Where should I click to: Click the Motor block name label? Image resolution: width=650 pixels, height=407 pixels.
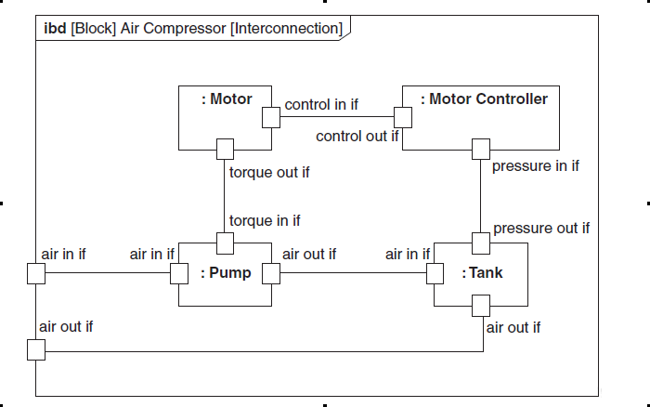click(x=227, y=99)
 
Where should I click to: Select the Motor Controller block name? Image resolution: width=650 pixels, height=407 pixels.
click(x=484, y=99)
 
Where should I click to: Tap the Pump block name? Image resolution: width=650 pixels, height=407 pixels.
click(x=226, y=273)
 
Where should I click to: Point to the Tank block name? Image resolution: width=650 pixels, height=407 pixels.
click(x=482, y=273)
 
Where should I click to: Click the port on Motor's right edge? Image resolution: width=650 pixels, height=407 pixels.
click(x=271, y=117)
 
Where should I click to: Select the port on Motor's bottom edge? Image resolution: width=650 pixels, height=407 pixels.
click(x=225, y=149)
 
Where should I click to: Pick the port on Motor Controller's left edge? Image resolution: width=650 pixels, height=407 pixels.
click(x=403, y=117)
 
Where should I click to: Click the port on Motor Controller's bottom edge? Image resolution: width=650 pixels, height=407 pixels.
click(x=481, y=149)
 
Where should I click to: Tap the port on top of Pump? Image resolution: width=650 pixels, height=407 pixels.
click(x=225, y=243)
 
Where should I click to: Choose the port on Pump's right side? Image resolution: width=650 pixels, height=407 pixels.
click(x=271, y=273)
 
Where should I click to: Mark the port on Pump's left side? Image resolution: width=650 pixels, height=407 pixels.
click(x=179, y=273)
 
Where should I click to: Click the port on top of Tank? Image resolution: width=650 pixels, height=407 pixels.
click(x=481, y=243)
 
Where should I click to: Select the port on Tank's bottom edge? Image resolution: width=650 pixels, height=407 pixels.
click(x=481, y=306)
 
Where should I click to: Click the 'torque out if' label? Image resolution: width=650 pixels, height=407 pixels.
click(x=269, y=173)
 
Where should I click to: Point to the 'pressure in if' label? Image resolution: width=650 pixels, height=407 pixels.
click(x=536, y=166)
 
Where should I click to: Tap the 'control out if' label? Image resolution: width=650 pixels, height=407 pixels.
click(x=357, y=137)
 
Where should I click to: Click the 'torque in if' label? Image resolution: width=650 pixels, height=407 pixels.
click(x=265, y=221)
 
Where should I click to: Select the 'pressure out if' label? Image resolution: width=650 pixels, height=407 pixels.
click(x=541, y=229)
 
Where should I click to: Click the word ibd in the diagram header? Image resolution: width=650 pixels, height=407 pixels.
click(x=55, y=29)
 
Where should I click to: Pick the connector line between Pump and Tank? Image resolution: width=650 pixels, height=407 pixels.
click(x=354, y=272)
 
